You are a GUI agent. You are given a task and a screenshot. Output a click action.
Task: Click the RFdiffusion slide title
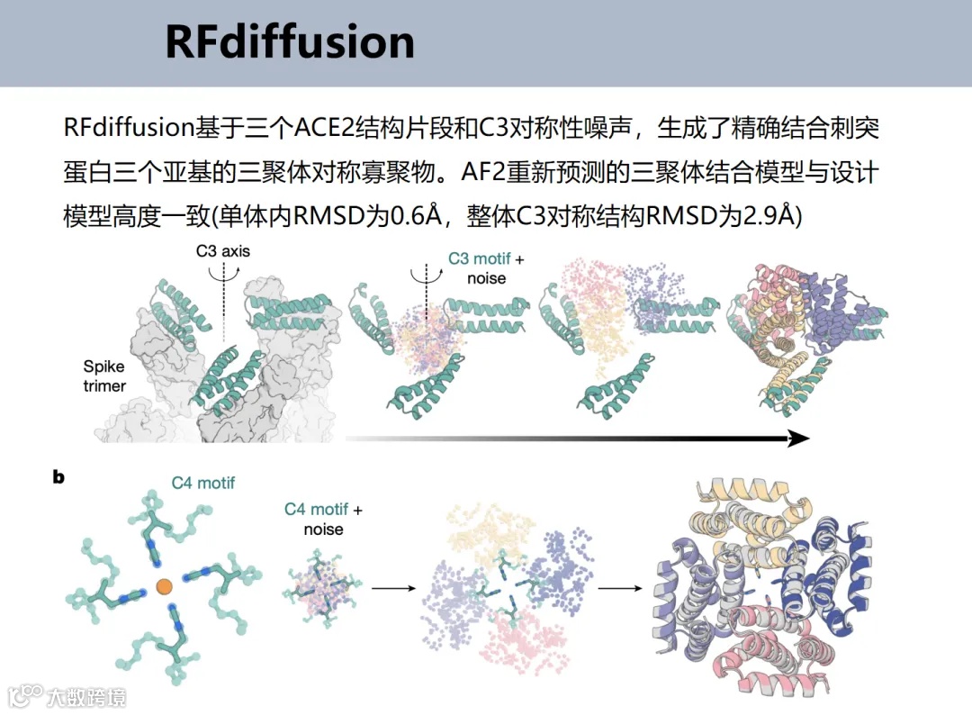(289, 42)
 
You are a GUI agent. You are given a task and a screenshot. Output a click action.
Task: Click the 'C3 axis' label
(223, 251)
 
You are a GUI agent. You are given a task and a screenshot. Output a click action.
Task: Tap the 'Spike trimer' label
(105, 376)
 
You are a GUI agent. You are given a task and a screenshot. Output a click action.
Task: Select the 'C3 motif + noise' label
(486, 268)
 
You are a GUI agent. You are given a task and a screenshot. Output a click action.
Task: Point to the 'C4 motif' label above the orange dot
(203, 484)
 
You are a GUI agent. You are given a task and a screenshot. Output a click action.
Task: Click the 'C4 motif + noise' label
(323, 519)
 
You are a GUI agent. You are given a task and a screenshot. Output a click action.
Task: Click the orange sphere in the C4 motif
(164, 587)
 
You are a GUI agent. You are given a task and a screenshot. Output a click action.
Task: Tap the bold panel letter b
(58, 477)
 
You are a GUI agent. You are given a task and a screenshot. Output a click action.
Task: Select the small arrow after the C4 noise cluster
(393, 589)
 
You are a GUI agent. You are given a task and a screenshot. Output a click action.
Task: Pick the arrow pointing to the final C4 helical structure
(620, 589)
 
